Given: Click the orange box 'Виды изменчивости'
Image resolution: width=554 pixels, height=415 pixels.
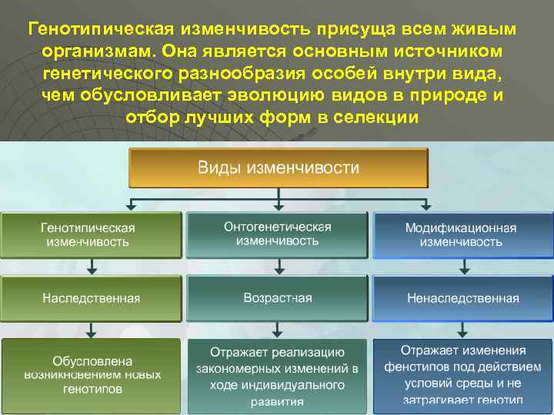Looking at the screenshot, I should point(279,168).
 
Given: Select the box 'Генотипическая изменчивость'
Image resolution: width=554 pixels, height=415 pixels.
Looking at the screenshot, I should point(91,234).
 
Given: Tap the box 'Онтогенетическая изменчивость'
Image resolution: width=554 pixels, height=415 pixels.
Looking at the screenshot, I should point(278,234).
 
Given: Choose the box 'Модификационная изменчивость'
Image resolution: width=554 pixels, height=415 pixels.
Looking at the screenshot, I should point(462,234).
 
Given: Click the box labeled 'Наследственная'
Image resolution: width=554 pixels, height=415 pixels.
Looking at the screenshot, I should point(91,298).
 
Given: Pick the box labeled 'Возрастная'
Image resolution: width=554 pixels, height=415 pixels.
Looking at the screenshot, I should point(278,298).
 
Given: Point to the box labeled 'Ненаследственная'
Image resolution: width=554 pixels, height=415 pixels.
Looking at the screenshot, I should point(462,298).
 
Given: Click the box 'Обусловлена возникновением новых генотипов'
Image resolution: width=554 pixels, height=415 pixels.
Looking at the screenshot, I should point(91,374).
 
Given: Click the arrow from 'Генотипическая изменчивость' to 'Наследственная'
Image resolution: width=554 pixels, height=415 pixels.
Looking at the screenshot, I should point(92,266).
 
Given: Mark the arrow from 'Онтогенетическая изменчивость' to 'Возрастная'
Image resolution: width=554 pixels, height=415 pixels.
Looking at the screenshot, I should point(279,266).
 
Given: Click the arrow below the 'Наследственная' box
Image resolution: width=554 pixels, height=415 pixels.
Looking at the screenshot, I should point(92,330).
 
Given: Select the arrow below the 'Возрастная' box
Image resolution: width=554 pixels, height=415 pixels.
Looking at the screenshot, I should point(279,330).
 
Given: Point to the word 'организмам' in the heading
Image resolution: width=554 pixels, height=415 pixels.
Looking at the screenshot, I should point(96,51).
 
